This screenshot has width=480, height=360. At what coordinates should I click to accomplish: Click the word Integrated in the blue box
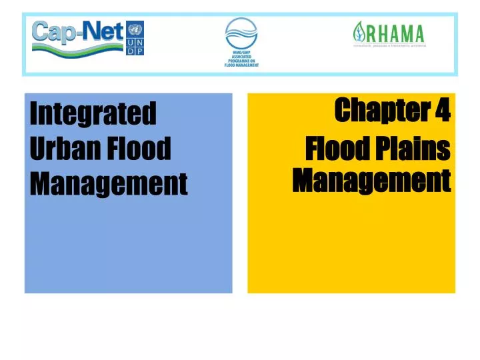pos(93,114)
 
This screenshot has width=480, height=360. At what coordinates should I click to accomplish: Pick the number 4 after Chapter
pos(443,110)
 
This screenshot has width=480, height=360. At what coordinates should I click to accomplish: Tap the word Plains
pos(415,151)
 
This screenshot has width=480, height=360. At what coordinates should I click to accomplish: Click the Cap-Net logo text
pos(77,31)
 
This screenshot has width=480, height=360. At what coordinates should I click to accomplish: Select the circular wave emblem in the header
pos(241,33)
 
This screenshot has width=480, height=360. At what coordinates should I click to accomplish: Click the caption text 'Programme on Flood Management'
pos(241,61)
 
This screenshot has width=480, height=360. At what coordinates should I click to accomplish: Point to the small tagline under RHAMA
pos(389,46)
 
